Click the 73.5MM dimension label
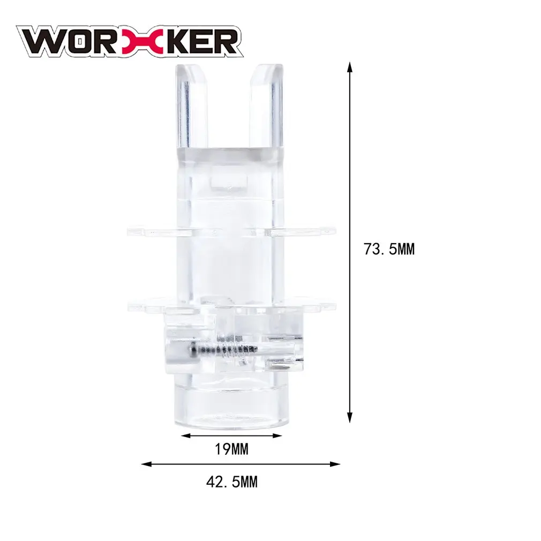389,249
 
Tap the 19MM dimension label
231,449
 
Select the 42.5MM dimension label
232,482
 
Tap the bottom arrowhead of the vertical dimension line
350,418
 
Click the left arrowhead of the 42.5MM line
146,464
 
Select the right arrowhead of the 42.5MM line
335,464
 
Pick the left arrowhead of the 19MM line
186,436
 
